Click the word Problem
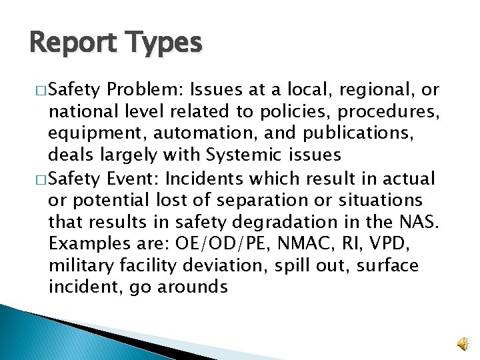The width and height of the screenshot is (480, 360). click(145, 89)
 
